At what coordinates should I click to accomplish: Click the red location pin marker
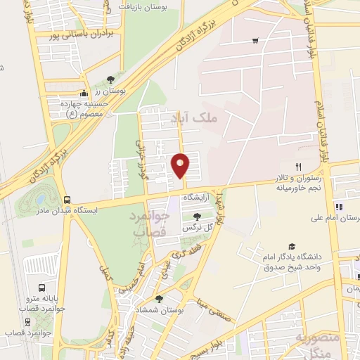point(181,165)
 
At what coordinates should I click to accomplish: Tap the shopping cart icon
point(255,40)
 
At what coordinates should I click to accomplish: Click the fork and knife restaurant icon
point(298,167)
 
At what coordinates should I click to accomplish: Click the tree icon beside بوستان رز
point(110,79)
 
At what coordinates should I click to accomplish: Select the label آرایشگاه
point(198,198)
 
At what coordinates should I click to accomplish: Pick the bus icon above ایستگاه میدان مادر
point(67,199)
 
